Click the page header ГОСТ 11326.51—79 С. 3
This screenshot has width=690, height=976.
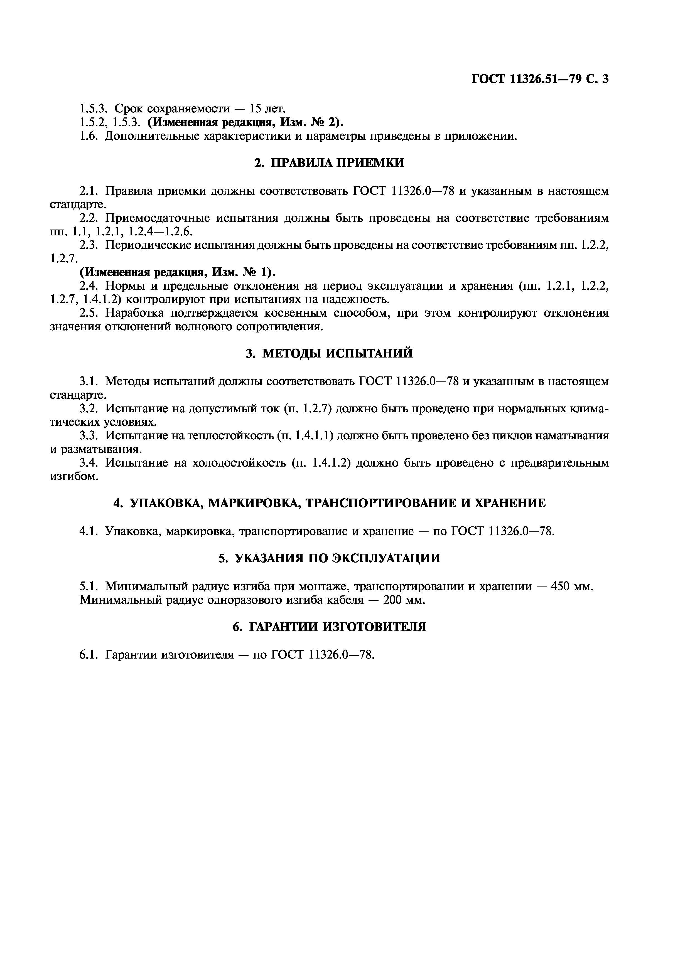pos(540,79)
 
